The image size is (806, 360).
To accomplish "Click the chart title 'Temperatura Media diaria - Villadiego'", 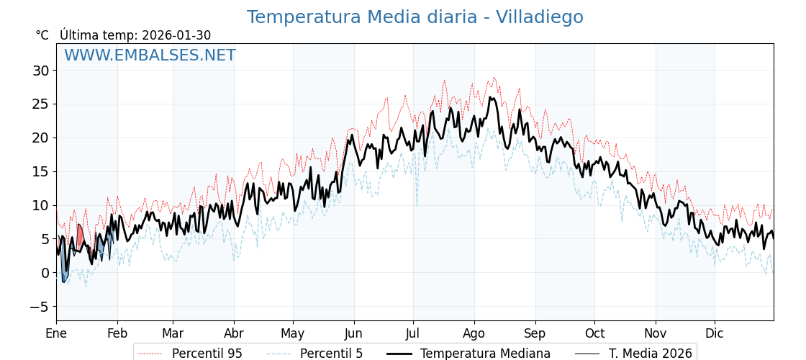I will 415,17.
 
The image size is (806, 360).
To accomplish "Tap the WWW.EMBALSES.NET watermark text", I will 150,55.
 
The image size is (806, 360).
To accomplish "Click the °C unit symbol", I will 42,35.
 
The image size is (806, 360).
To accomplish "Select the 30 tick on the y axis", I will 40,71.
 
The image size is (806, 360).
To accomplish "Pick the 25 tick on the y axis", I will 40,104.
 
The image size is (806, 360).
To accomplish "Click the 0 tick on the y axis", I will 45,273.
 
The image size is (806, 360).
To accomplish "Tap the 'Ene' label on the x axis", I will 56,333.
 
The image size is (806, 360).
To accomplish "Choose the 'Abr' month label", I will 234,333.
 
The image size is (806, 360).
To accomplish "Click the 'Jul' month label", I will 413,333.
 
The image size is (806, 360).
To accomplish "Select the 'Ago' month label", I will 474,333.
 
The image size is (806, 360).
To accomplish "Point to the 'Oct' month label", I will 594,333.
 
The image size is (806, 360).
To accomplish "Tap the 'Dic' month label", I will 715,333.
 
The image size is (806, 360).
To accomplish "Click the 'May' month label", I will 293,333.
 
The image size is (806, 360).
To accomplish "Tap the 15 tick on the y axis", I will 40,171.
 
